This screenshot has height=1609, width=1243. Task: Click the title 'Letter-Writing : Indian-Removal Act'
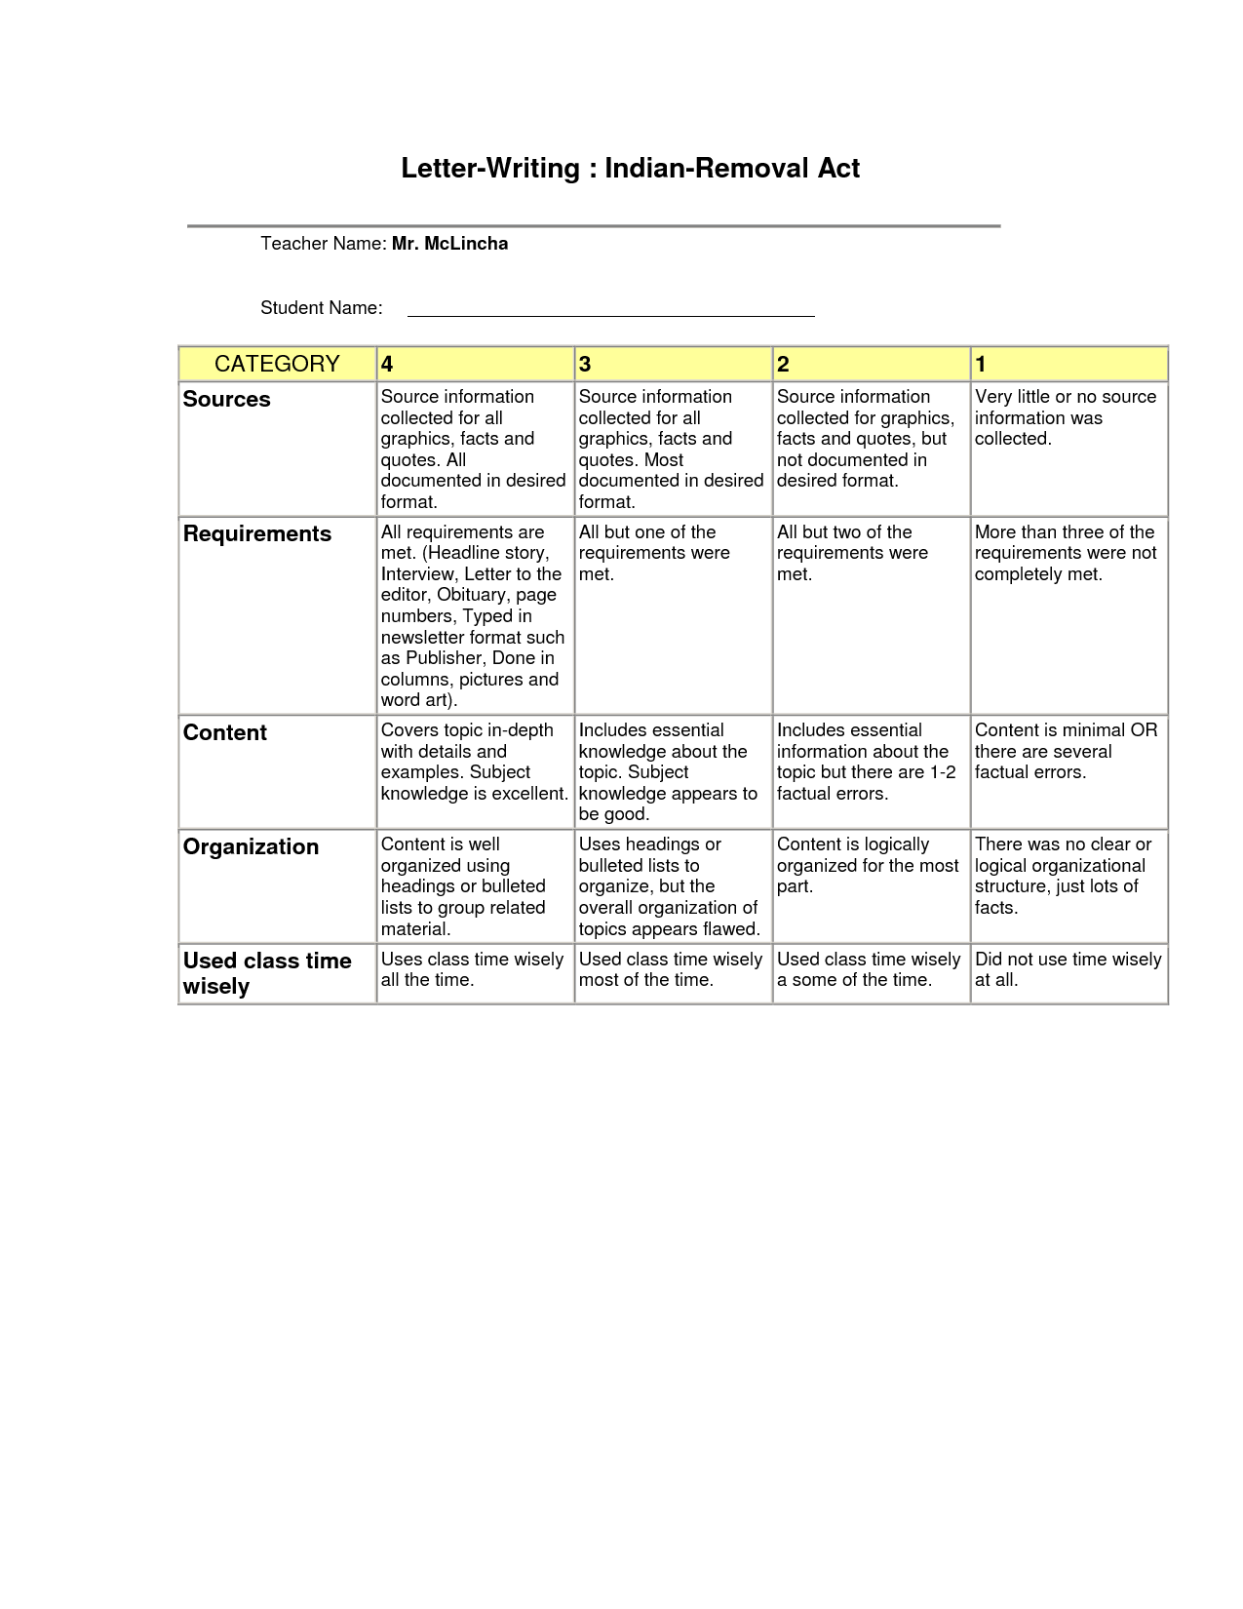630,169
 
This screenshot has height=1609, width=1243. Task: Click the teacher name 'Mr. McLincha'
449,244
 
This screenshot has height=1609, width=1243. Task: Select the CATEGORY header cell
277,364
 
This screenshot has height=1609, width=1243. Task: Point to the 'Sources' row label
227,399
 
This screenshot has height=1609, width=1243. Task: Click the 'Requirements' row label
257,533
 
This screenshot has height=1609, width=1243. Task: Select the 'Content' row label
225,732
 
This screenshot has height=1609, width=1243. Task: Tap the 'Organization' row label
252,846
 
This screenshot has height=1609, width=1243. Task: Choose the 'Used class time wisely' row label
267,973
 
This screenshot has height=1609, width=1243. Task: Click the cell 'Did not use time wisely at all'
1068,969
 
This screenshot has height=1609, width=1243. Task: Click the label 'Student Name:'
322,308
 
